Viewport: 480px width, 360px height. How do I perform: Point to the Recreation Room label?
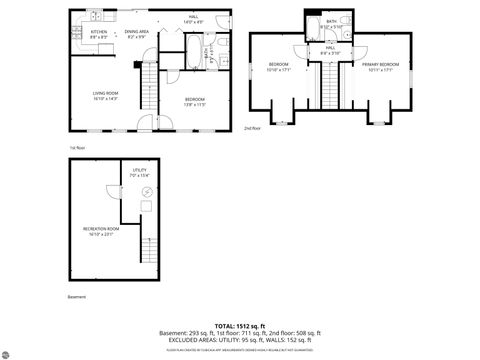pyautogui.click(x=99, y=232)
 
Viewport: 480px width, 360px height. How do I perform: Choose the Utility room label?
pyautogui.click(x=139, y=172)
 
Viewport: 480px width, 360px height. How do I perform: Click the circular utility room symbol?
pyautogui.click(x=147, y=192)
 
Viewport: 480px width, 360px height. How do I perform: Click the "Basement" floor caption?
pyautogui.click(x=77, y=297)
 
